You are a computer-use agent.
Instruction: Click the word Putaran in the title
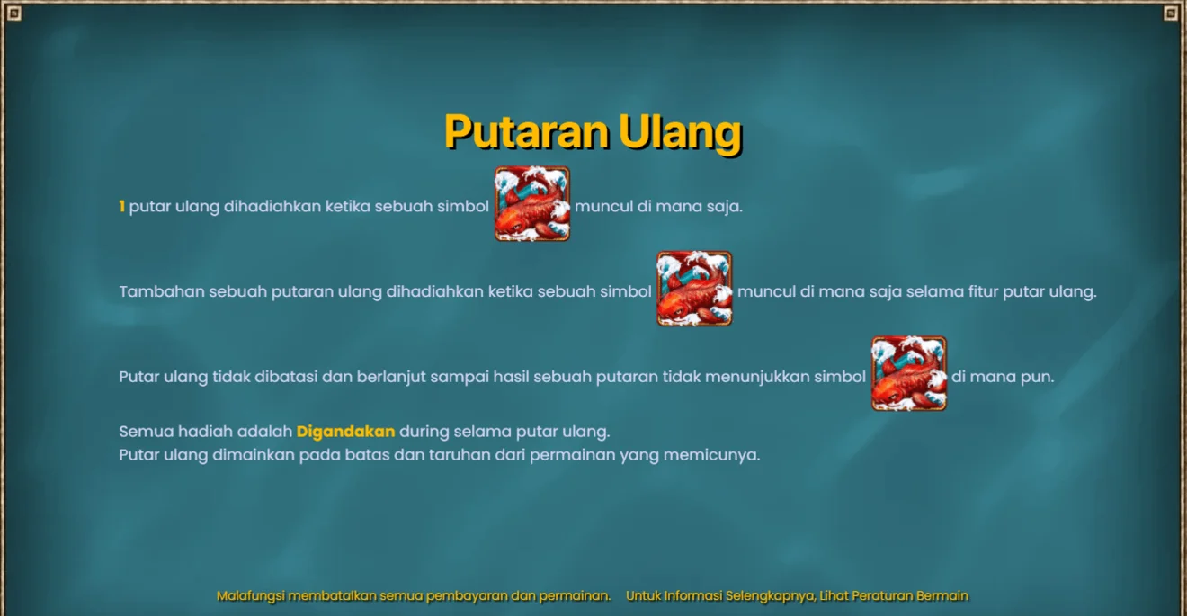click(x=527, y=131)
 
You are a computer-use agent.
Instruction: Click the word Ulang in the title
click(x=681, y=132)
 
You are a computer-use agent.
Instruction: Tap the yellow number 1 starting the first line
click(x=122, y=206)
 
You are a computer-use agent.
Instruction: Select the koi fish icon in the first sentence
click(x=532, y=203)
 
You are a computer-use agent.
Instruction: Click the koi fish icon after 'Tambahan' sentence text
click(x=694, y=289)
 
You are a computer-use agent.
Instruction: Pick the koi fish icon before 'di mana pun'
click(x=909, y=373)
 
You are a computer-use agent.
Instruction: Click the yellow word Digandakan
click(x=345, y=432)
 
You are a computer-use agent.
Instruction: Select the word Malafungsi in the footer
click(x=250, y=596)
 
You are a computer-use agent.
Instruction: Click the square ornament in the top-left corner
click(x=14, y=13)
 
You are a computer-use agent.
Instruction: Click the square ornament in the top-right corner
click(x=1170, y=13)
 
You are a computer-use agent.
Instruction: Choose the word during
click(x=424, y=432)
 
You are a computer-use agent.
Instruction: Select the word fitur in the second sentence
click(x=984, y=291)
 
